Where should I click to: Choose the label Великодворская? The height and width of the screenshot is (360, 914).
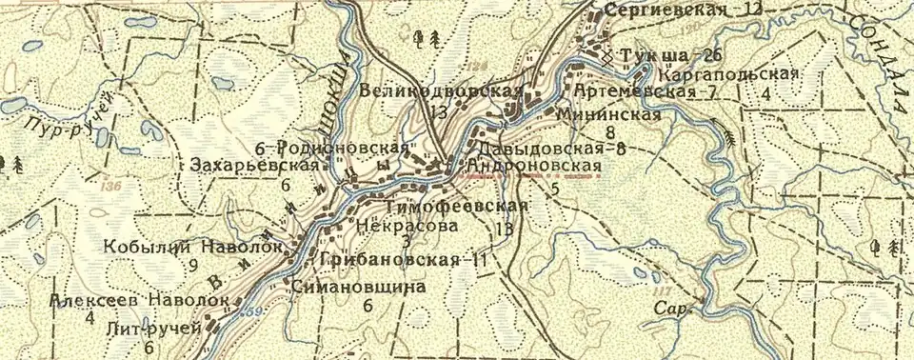click(442, 91)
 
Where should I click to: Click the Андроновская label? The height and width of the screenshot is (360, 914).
click(532, 167)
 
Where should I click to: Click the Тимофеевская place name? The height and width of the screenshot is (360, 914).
click(457, 207)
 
